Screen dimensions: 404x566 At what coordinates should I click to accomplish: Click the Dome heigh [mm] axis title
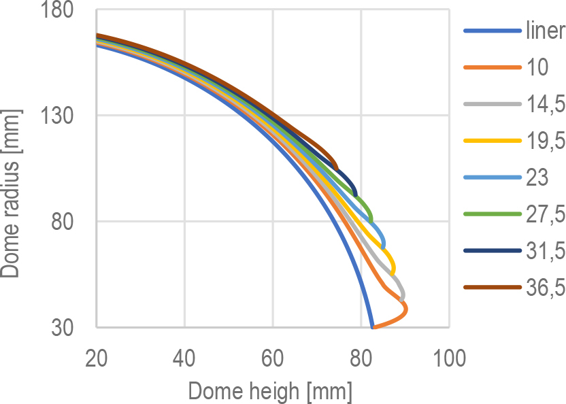[x=270, y=390]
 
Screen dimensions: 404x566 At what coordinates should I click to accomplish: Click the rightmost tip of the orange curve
[x=406, y=309]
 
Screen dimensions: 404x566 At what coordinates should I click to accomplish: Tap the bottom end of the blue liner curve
[x=372, y=327]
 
